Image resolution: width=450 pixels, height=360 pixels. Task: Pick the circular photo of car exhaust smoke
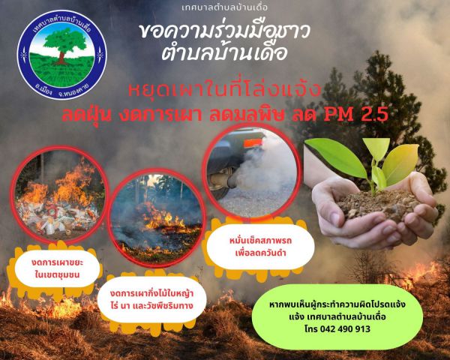252,172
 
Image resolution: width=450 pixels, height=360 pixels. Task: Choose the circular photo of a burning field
157,218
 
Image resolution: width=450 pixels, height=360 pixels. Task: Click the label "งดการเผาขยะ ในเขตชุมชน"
57,268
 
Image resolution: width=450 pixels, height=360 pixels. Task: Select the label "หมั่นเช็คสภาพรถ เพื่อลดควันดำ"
260,247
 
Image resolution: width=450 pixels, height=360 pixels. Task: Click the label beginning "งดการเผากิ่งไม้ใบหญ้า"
151,299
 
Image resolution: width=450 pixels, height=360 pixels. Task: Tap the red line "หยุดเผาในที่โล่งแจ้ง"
224,90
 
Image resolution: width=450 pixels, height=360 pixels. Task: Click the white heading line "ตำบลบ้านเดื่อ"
224,52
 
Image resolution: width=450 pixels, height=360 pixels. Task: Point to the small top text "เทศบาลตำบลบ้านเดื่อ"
225,7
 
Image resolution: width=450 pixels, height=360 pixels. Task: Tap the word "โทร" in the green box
310,328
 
